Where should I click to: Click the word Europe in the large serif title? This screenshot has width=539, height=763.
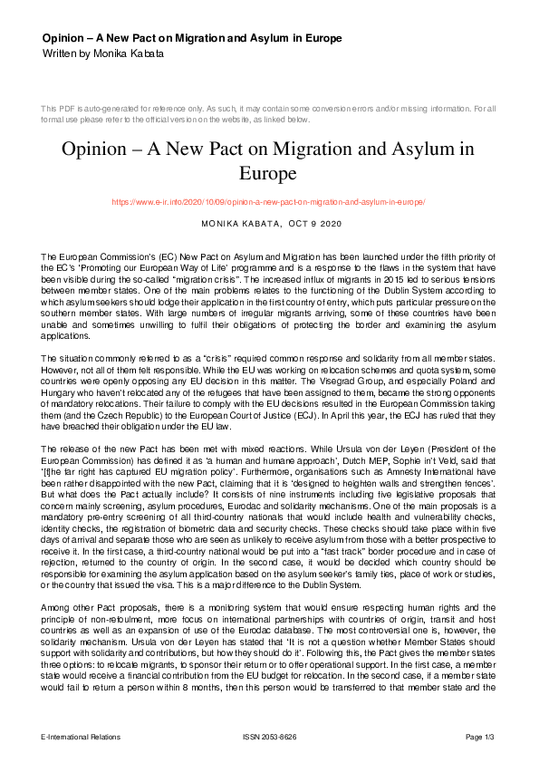point(268,172)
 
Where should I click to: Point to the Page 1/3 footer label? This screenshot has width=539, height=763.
point(480,737)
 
